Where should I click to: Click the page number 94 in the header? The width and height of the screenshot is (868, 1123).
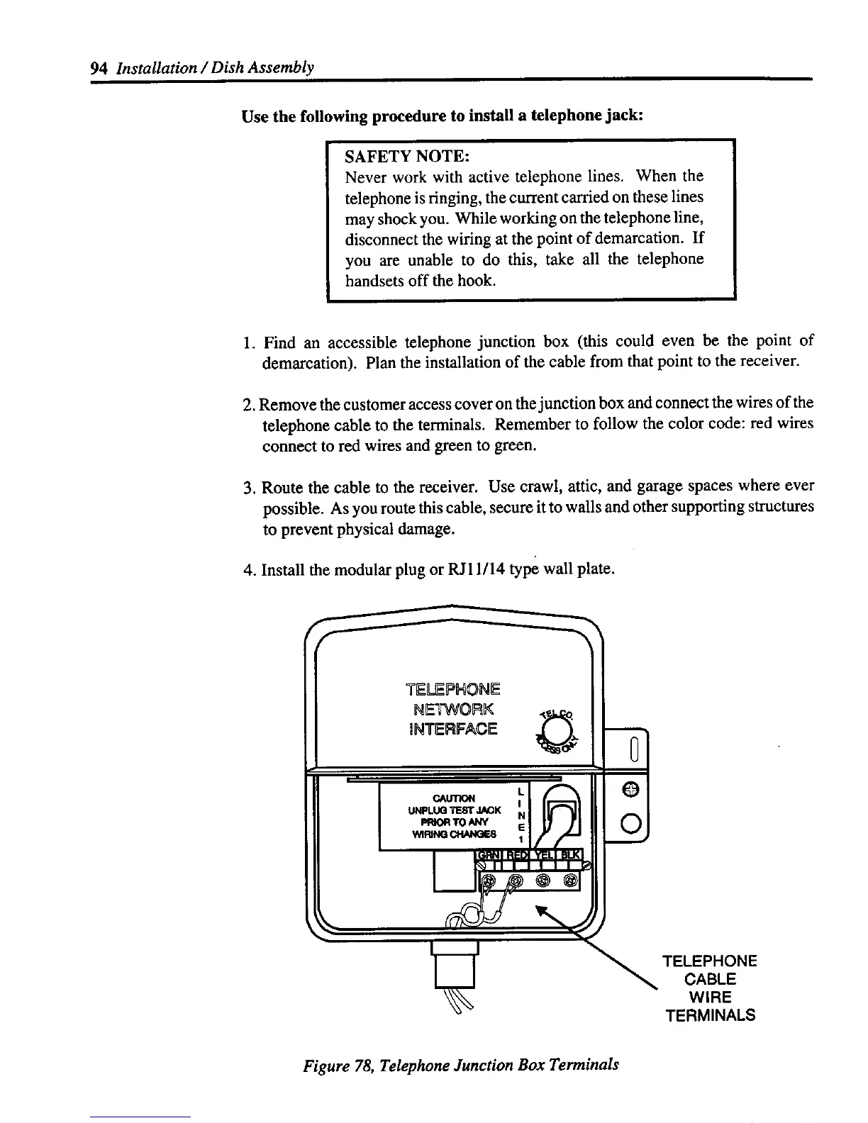pos(99,68)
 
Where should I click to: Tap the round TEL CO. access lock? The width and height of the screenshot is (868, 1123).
pos(557,730)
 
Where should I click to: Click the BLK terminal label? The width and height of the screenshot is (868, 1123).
pos(570,855)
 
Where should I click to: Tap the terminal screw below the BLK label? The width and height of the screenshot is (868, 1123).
pos(570,881)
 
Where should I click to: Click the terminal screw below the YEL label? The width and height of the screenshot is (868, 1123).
pos(544,881)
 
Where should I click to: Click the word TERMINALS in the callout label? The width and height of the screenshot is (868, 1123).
pos(710,1015)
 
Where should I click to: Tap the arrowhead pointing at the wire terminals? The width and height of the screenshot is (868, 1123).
pos(542,910)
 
